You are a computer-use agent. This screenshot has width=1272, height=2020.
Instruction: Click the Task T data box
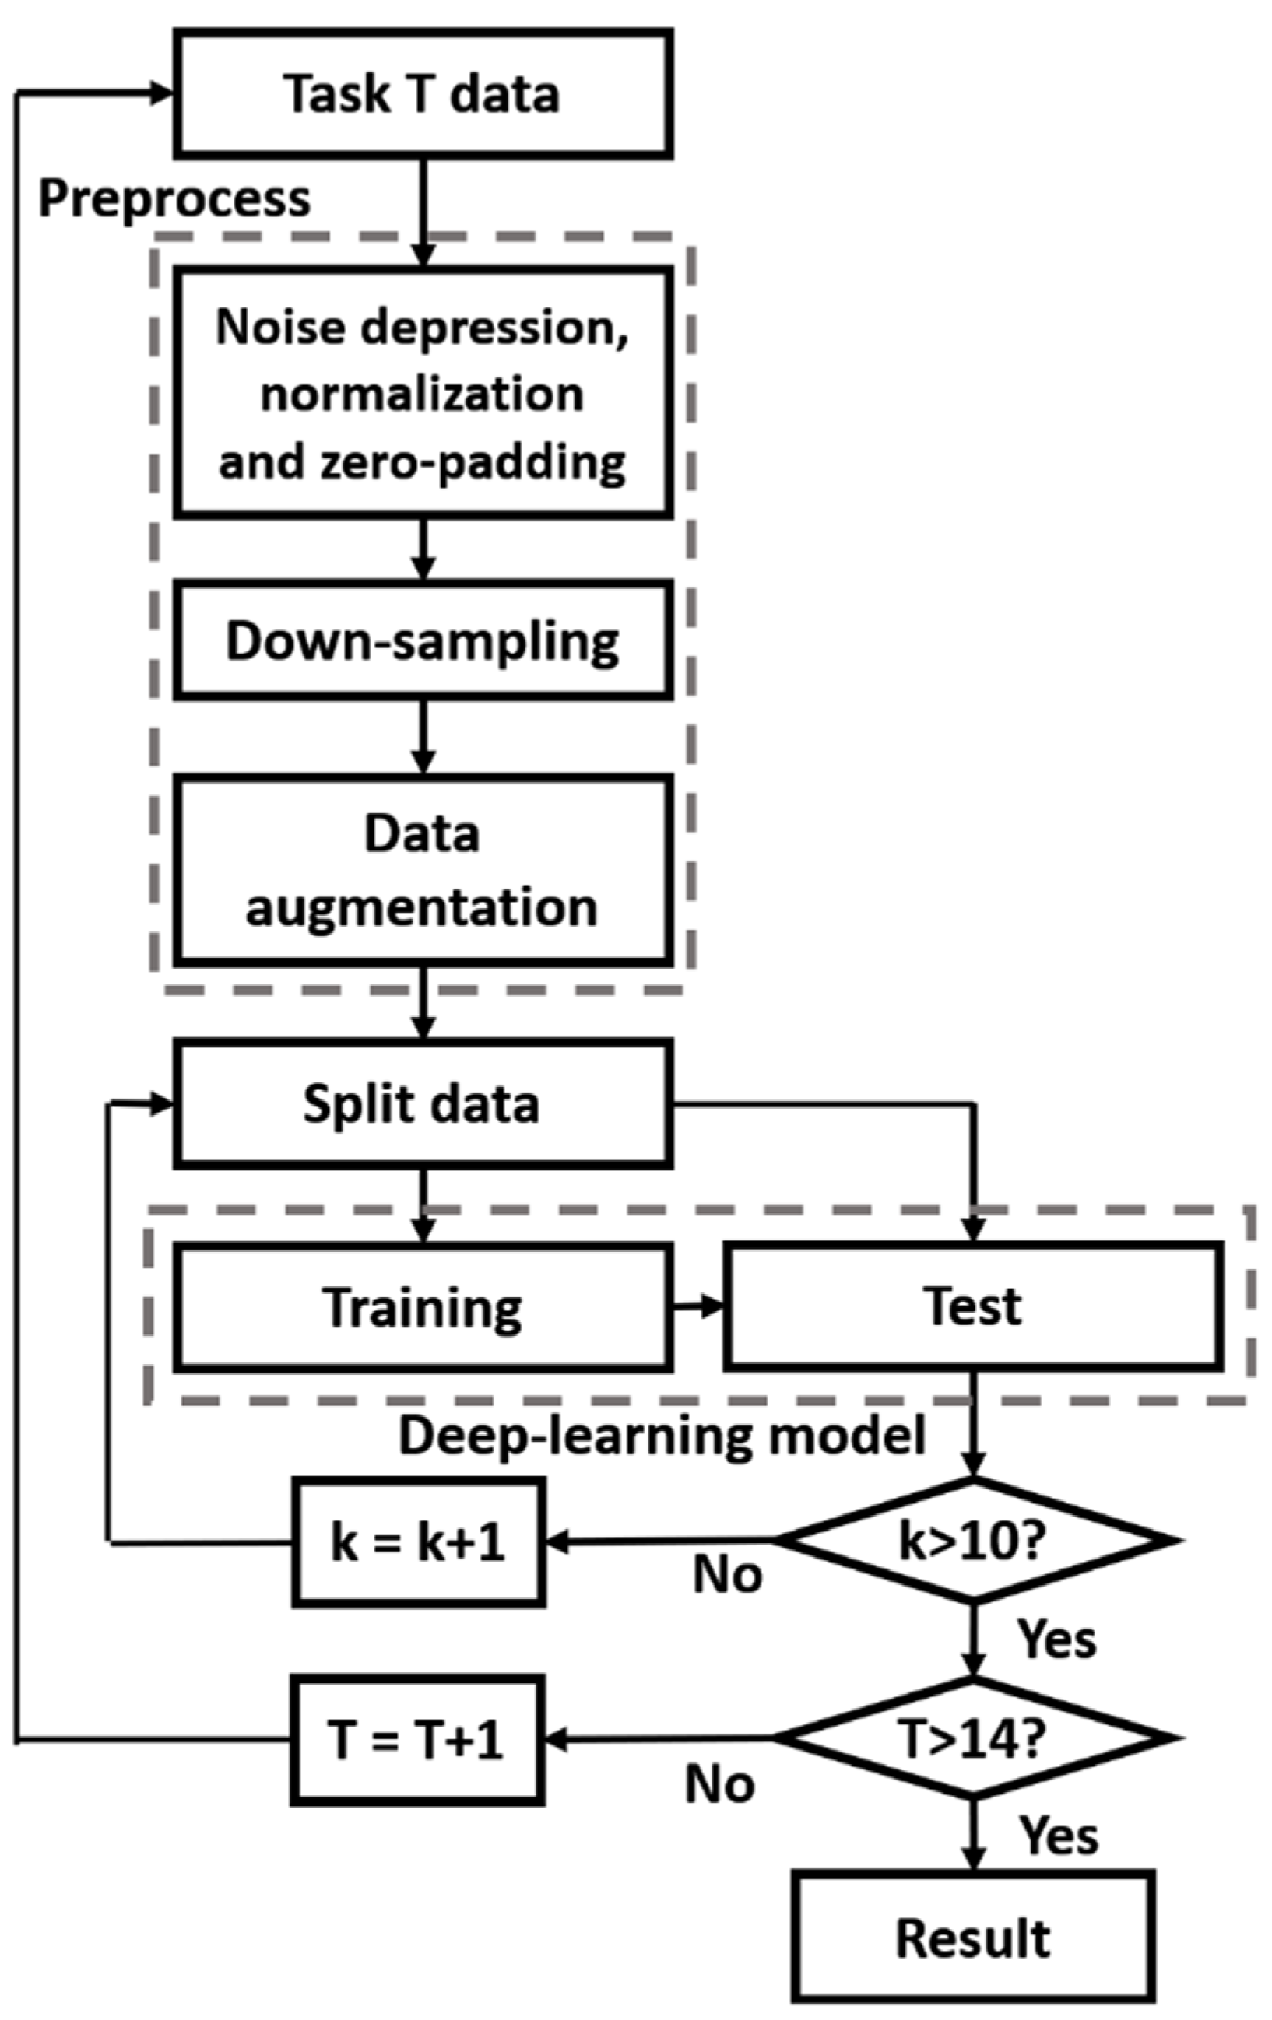(422, 93)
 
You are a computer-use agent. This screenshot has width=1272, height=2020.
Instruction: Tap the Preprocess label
(174, 199)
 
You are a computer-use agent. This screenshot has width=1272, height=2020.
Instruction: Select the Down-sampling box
(422, 641)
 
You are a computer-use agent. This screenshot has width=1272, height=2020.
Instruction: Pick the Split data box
(422, 1103)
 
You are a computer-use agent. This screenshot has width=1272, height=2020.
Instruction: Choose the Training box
(422, 1307)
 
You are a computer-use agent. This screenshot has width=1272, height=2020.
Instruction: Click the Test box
(972, 1307)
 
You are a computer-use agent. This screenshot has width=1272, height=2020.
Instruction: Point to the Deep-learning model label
(661, 1436)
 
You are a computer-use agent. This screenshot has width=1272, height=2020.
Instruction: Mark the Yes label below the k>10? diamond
(1056, 1637)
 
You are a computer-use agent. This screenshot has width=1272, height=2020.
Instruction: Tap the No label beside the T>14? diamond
(719, 1784)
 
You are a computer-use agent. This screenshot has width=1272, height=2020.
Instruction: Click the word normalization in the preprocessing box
(422, 395)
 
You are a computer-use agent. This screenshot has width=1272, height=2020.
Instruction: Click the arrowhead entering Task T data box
(162, 93)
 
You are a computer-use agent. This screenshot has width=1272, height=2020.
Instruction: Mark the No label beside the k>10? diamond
(726, 1575)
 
